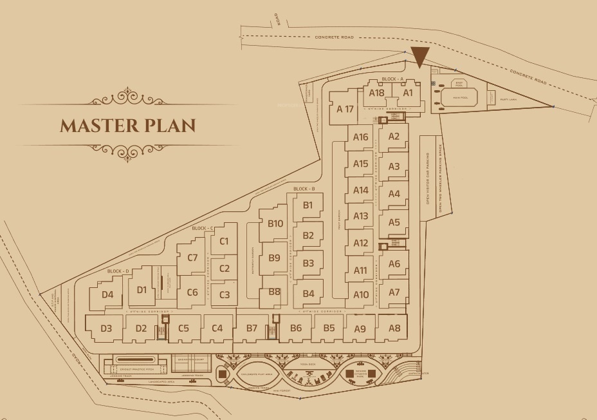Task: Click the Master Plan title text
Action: click(x=127, y=125)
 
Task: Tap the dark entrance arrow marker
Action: click(x=419, y=57)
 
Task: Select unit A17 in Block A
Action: click(x=345, y=109)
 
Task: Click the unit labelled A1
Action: click(x=407, y=93)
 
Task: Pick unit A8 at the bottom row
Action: click(x=394, y=329)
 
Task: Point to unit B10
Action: click(x=275, y=224)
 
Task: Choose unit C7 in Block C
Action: click(x=192, y=258)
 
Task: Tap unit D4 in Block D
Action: click(x=107, y=295)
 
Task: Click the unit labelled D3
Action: click(x=106, y=329)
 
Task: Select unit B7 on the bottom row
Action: click(x=252, y=329)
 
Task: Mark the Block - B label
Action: click(x=304, y=189)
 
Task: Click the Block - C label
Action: click(x=203, y=229)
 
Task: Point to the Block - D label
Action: click(x=118, y=271)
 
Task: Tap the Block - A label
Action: click(x=392, y=79)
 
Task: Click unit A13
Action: click(x=361, y=216)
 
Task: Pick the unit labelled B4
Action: click(x=308, y=294)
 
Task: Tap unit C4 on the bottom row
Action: click(x=217, y=329)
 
